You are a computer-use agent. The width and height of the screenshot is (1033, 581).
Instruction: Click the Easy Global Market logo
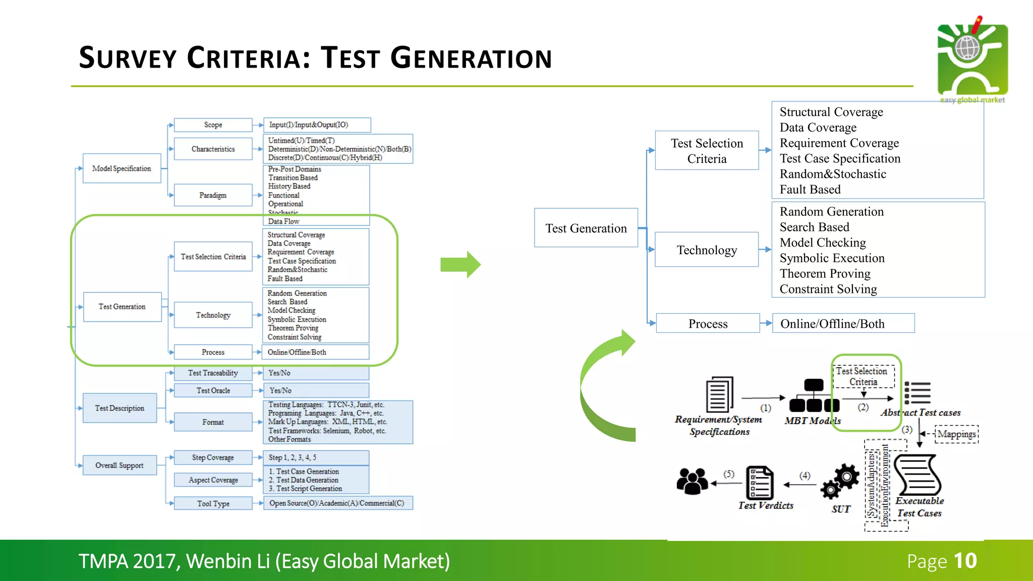[x=972, y=61]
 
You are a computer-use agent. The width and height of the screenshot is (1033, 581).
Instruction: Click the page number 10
[x=965, y=561]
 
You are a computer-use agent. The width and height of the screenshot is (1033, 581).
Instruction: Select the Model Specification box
[x=122, y=168]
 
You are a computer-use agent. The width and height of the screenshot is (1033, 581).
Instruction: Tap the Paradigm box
[x=213, y=195]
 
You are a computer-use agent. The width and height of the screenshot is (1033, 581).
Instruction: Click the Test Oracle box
[x=213, y=390]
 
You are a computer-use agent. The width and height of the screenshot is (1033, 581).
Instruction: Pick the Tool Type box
[x=213, y=503]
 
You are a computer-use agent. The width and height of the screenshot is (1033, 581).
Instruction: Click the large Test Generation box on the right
[x=586, y=228]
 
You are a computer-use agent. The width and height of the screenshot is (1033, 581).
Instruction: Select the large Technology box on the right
[x=707, y=250]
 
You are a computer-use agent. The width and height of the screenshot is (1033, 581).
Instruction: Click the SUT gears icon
[x=840, y=481]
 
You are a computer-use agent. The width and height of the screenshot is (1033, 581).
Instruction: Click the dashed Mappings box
[x=956, y=434]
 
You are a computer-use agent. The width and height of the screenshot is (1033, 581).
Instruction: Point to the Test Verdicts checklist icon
[x=760, y=483]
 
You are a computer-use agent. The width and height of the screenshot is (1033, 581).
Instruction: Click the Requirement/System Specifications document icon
[x=719, y=394]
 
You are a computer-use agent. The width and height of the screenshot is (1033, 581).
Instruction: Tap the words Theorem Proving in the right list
[x=825, y=273]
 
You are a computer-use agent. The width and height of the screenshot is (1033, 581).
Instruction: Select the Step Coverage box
[x=213, y=457]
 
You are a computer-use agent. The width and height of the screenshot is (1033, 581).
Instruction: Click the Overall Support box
[x=120, y=465]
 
